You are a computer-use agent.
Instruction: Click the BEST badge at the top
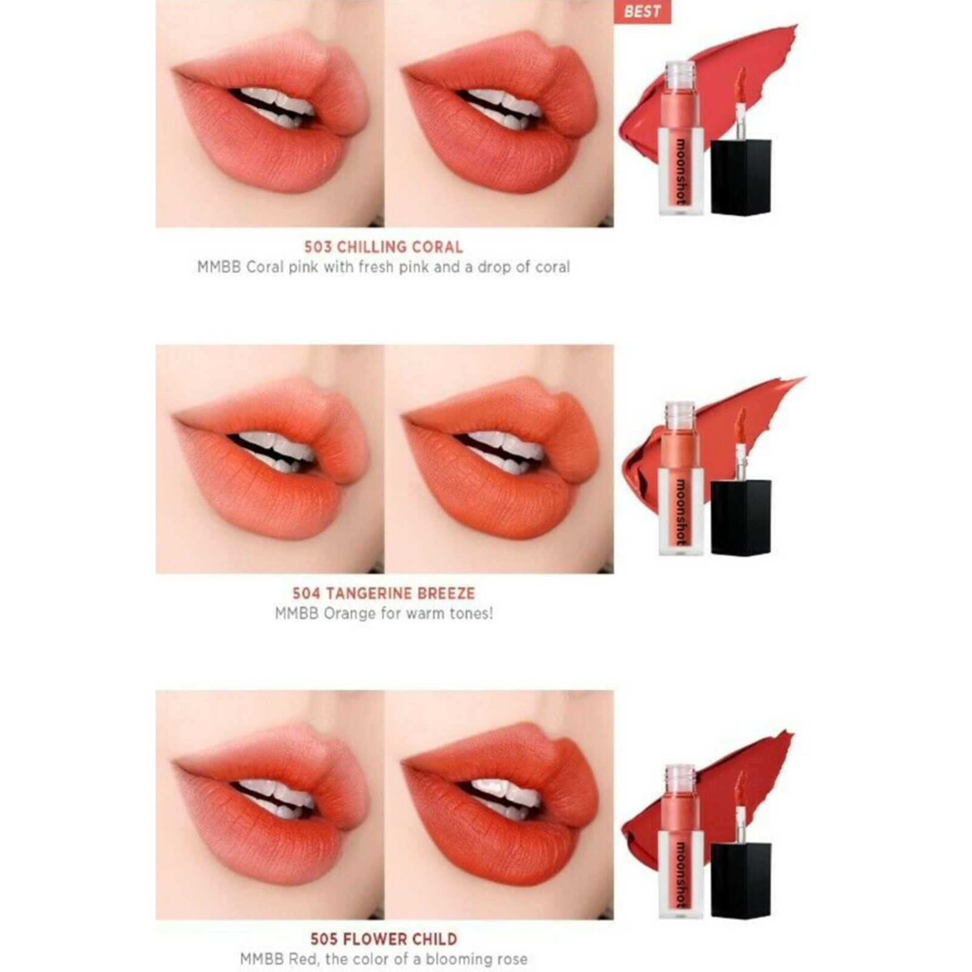click(x=642, y=12)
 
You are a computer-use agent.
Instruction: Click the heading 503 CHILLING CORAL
click(x=383, y=247)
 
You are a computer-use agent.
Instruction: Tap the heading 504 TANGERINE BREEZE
click(x=383, y=593)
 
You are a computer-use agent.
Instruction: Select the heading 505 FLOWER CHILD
click(x=383, y=939)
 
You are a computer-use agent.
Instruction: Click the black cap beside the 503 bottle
click(x=741, y=177)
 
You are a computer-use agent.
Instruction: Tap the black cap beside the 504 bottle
click(x=741, y=517)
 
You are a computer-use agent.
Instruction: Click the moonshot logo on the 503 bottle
click(x=681, y=172)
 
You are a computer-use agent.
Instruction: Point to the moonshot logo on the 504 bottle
click(x=681, y=512)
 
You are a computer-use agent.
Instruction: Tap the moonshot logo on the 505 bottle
click(x=681, y=874)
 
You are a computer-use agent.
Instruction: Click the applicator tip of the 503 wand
click(x=741, y=85)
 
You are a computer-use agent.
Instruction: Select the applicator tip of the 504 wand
click(x=741, y=426)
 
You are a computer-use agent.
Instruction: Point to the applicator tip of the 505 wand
click(x=741, y=788)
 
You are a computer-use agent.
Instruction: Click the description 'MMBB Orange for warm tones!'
click(x=384, y=613)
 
